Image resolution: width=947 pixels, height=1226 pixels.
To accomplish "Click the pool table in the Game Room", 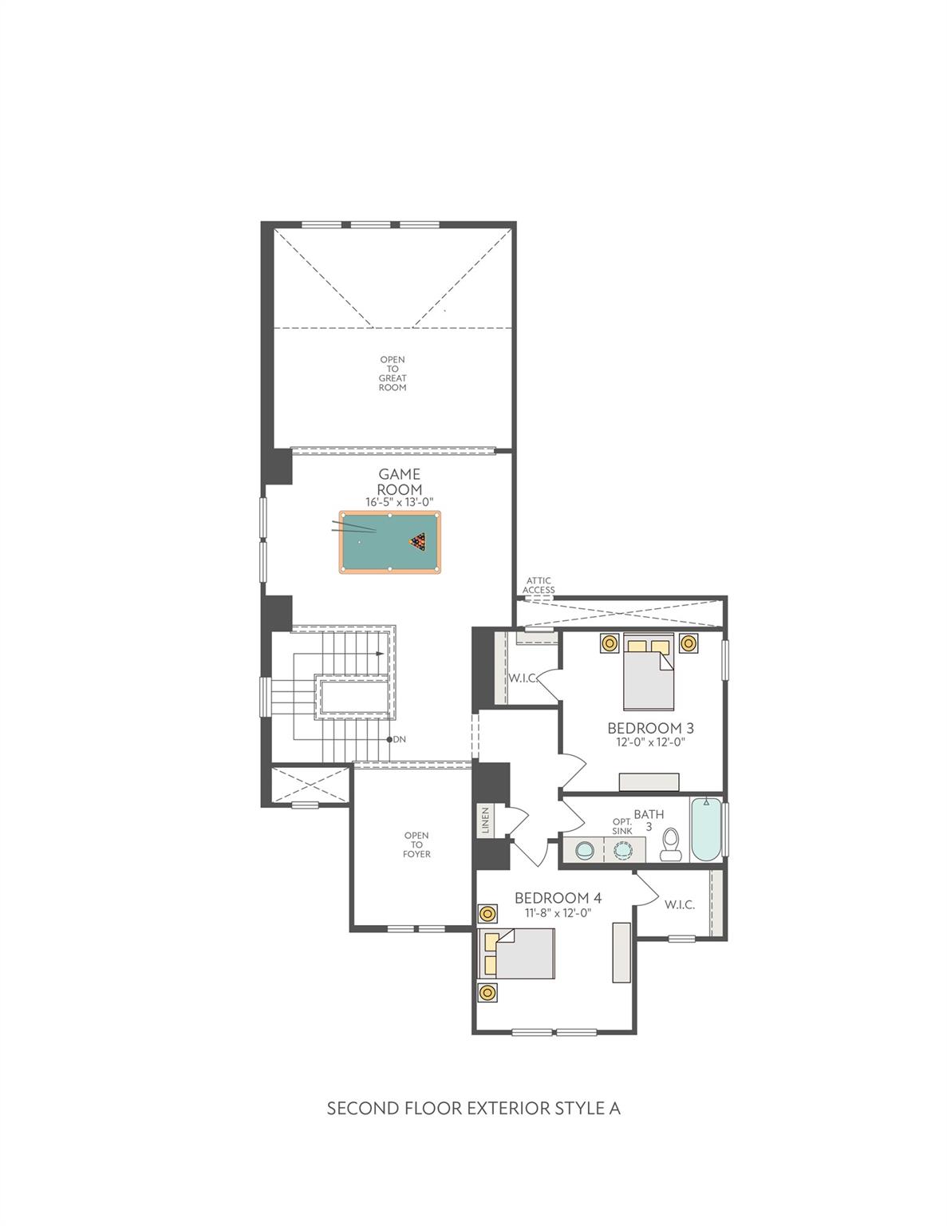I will [x=389, y=542].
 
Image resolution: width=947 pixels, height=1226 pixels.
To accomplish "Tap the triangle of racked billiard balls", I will [x=417, y=542].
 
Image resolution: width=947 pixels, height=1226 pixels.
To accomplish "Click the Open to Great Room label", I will [x=393, y=374].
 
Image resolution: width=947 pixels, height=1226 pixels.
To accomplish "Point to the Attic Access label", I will [x=539, y=585].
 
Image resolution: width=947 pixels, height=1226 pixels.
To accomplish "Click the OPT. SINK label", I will [x=622, y=826].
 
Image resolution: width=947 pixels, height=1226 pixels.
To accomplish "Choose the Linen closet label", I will [x=484, y=821].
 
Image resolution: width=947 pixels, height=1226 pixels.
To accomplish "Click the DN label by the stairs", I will [x=399, y=739].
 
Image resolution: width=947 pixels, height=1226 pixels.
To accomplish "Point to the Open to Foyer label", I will [x=416, y=844].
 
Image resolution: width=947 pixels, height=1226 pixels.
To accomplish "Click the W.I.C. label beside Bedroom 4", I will [x=679, y=904].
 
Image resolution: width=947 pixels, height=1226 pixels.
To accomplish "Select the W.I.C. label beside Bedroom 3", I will [x=522, y=678].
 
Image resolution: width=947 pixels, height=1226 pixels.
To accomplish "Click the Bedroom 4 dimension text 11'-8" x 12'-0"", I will [x=558, y=913].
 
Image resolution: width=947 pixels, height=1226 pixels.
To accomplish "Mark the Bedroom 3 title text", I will [x=650, y=728].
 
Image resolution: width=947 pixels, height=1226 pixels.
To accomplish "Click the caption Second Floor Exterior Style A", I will [x=473, y=1109].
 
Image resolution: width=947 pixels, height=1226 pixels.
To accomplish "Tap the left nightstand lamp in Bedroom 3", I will [x=610, y=643].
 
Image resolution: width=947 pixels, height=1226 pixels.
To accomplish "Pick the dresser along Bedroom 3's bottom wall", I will [x=649, y=781].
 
